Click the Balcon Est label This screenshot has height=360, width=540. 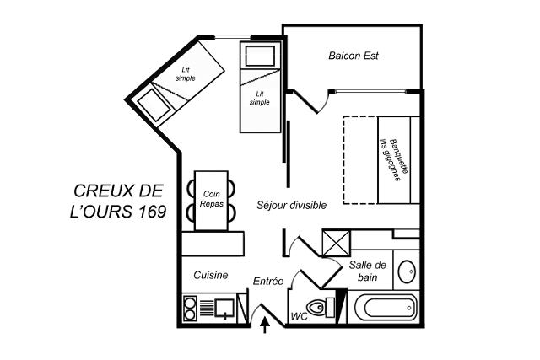click(354, 56)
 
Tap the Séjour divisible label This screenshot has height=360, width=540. click(291, 205)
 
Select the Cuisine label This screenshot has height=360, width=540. click(211, 275)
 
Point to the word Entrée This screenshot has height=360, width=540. click(268, 282)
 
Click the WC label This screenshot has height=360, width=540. click(300, 317)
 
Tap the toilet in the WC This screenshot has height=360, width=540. click(321, 308)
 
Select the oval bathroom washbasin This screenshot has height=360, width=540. click(407, 271)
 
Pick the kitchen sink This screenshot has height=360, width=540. click(224, 308)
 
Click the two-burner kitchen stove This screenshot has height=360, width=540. click(189, 309)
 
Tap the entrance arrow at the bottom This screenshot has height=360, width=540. click(264, 325)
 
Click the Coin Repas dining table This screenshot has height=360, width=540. click(211, 201)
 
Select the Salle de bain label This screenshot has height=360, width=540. click(368, 271)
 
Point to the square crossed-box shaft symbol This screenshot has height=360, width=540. click(336, 244)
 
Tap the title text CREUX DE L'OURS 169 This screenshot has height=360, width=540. click(118, 201)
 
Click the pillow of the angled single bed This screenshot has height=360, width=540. click(154, 105)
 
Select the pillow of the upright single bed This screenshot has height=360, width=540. click(261, 56)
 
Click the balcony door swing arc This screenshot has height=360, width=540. click(324, 102)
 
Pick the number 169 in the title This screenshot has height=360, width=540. click(154, 212)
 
